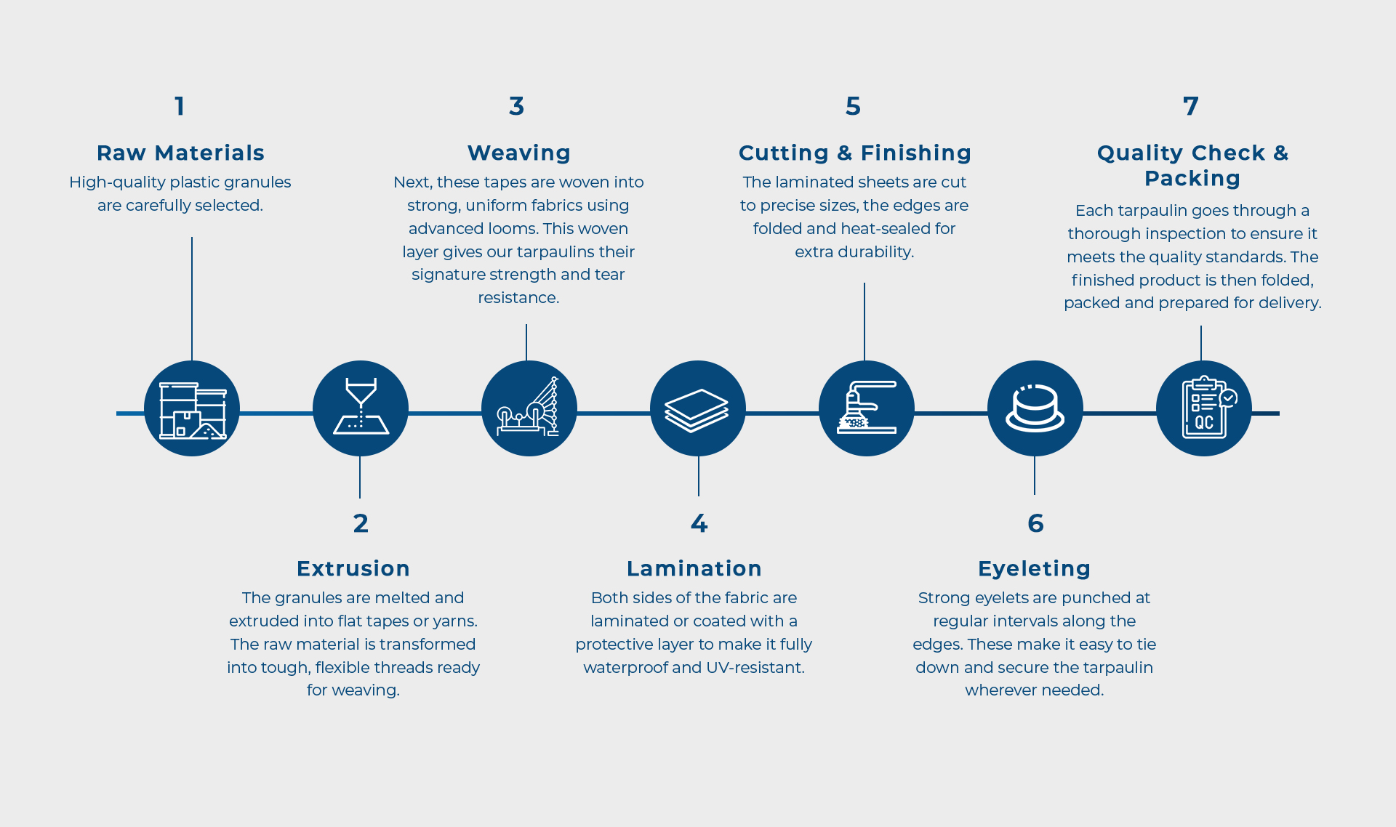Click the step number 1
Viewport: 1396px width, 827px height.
pyautogui.click(x=180, y=106)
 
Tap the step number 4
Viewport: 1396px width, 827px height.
pyautogui.click(x=699, y=523)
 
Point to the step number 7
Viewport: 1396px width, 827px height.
pyautogui.click(x=1190, y=106)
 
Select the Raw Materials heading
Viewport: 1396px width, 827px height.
pyautogui.click(x=180, y=153)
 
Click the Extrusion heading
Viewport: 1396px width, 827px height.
pyautogui.click(x=353, y=568)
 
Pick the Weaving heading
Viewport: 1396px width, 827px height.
pyautogui.click(x=518, y=153)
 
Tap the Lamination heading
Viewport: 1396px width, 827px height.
pyautogui.click(x=694, y=568)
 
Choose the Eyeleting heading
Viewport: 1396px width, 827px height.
pyautogui.click(x=1034, y=568)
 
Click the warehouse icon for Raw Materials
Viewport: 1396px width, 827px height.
pyautogui.click(x=192, y=409)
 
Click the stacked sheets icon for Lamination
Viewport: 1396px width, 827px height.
pyautogui.click(x=698, y=408)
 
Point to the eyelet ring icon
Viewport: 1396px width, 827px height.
pyautogui.click(x=1035, y=408)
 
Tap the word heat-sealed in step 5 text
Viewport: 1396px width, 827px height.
pyautogui.click(x=888, y=228)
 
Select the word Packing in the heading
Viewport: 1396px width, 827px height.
pyautogui.click(x=1192, y=178)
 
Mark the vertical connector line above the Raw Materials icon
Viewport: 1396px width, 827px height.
pyautogui.click(x=192, y=298)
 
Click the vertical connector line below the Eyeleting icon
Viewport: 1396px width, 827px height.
pyautogui.click(x=1035, y=476)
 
